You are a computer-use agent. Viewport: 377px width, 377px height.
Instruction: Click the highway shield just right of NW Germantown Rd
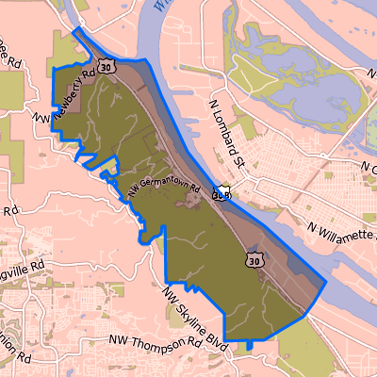click(x=221, y=194)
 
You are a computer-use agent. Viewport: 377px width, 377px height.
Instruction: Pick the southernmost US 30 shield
click(x=254, y=257)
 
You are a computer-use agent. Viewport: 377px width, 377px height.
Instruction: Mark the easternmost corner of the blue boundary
click(x=325, y=282)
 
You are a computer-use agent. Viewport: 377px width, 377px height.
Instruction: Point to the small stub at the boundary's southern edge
click(x=250, y=346)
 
